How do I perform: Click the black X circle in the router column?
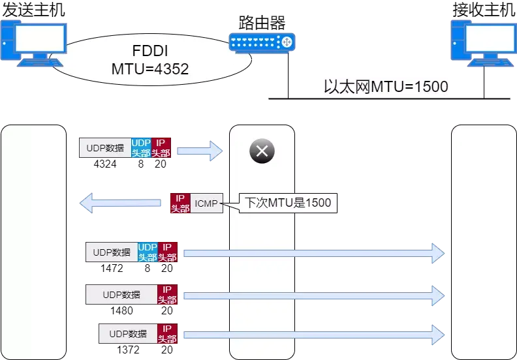tap(262, 151)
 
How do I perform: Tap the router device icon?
tap(262, 43)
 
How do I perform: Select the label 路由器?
tap(262, 23)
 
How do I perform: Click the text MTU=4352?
tap(150, 69)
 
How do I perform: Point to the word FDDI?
tap(150, 51)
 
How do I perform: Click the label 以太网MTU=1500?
tap(386, 87)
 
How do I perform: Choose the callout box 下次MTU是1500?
tap(288, 203)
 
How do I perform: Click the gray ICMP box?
tap(206, 203)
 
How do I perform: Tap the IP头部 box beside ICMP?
tap(180, 203)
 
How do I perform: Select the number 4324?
tap(105, 164)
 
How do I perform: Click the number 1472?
tap(112, 269)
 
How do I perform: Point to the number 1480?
tap(121, 310)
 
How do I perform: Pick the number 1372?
tap(128, 350)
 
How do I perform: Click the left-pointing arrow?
tap(120, 203)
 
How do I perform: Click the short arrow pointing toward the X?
tap(200, 151)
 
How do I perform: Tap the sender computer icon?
tap(34, 43)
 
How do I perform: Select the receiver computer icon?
tap(484, 43)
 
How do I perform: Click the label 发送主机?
tap(34, 10)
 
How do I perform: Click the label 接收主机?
tap(484, 10)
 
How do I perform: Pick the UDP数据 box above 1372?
tap(128, 334)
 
